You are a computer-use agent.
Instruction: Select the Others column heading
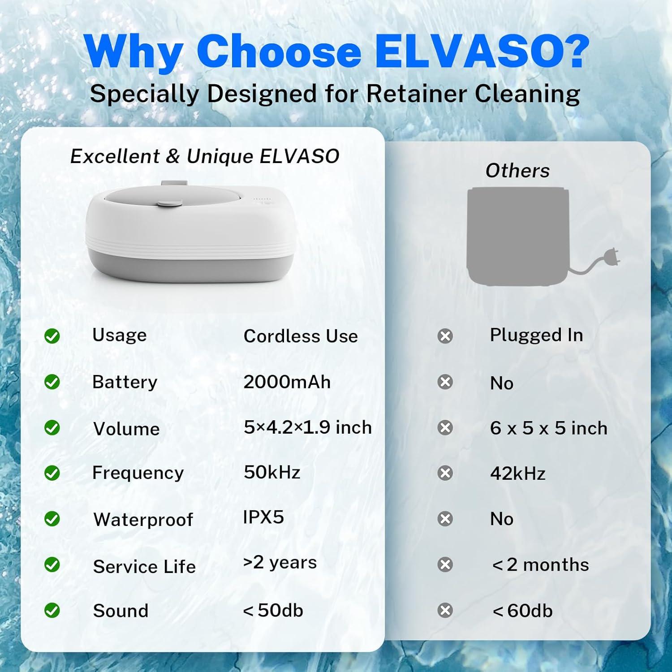coord(517,171)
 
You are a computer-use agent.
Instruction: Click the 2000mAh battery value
coord(287,382)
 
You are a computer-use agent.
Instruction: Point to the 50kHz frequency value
coord(272,472)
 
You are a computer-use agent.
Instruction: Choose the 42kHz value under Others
coord(517,474)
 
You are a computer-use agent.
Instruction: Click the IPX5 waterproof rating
coord(263,517)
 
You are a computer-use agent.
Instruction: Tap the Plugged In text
coord(536,335)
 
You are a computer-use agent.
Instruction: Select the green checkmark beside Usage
coord(52,336)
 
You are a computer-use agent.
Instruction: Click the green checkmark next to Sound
coord(52,610)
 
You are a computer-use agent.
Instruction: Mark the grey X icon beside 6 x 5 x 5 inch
coord(445,428)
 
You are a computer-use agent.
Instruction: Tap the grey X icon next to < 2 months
coord(445,564)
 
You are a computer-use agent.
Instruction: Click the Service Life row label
coord(144,567)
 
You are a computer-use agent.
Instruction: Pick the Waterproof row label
coord(143,520)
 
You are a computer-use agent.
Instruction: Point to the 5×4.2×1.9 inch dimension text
coord(308,427)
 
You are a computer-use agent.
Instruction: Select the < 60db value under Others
coord(522,611)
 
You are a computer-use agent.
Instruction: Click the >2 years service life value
coord(280,562)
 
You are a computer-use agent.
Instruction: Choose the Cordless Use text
coord(301,336)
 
